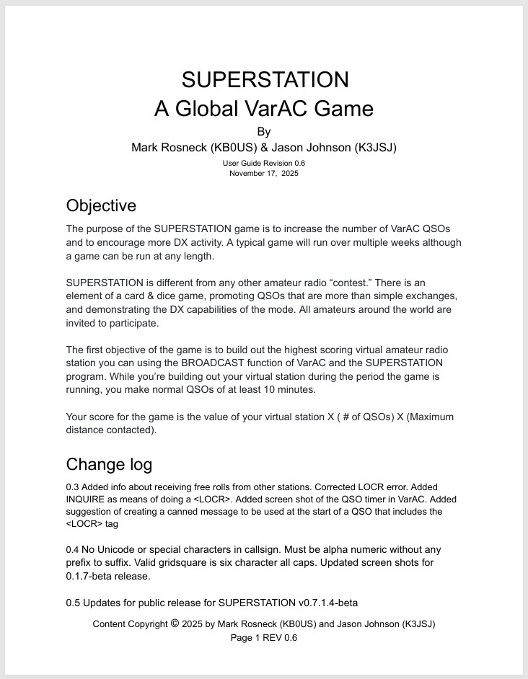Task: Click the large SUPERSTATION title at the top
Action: pyautogui.click(x=265, y=79)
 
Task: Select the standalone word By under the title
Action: pyautogui.click(x=264, y=132)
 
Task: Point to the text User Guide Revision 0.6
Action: pyautogui.click(x=264, y=164)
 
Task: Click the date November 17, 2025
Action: pyautogui.click(x=264, y=174)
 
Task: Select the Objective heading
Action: pyautogui.click(x=101, y=205)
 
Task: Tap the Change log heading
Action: pyautogui.click(x=109, y=463)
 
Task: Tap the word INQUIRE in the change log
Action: pyautogui.click(x=87, y=500)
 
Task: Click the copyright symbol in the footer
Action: pyautogui.click(x=175, y=623)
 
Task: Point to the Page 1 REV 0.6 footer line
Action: pyautogui.click(x=264, y=638)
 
